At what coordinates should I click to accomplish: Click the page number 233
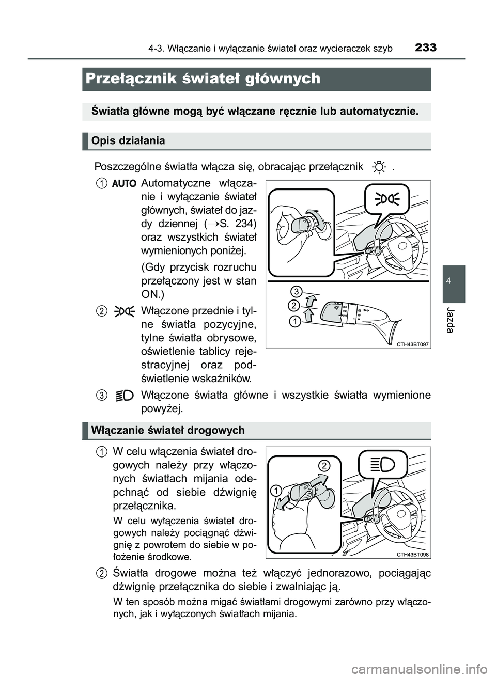pyautogui.click(x=425, y=48)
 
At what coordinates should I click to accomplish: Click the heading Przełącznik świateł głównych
pyautogui.click(x=203, y=78)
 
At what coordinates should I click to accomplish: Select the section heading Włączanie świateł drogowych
pyautogui.click(x=168, y=430)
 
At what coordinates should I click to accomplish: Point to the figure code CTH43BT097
pyautogui.click(x=413, y=343)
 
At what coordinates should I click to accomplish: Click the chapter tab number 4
pyautogui.click(x=453, y=281)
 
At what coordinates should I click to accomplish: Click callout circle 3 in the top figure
pyautogui.click(x=296, y=290)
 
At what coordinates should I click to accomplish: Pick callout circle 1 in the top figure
pyautogui.click(x=295, y=322)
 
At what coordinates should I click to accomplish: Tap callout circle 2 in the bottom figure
pyautogui.click(x=323, y=465)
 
